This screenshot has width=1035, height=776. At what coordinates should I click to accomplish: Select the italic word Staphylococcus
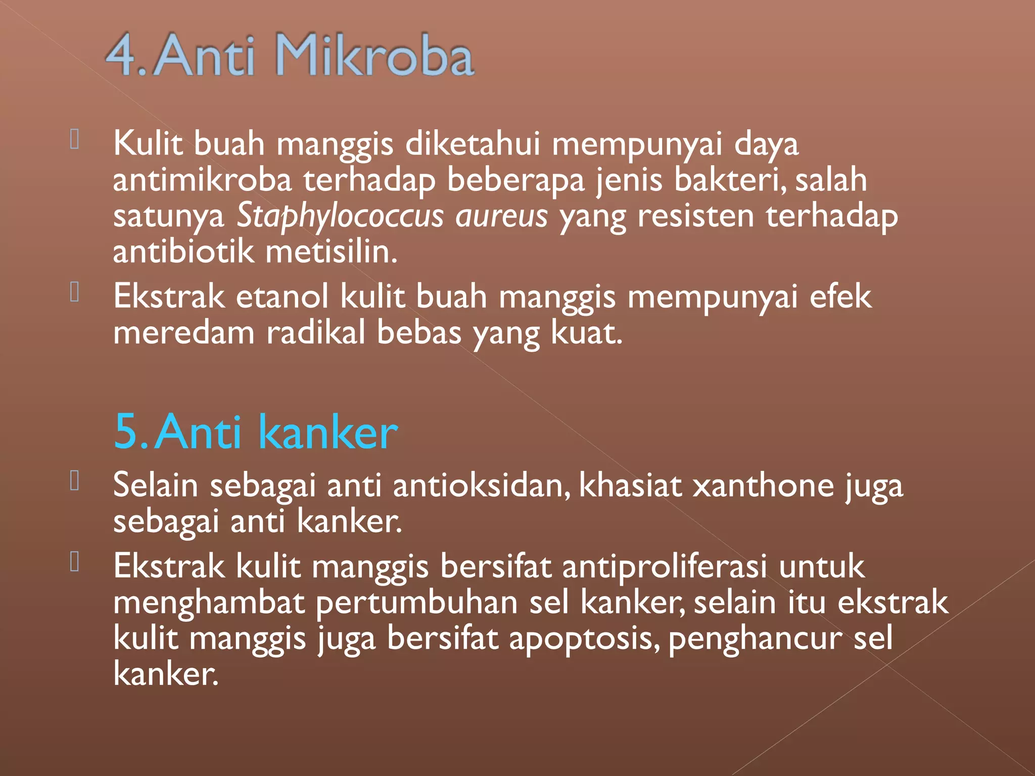tap(340, 216)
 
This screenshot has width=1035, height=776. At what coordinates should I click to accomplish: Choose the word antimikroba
tap(202, 180)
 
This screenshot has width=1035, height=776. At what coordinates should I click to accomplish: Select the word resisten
tap(695, 216)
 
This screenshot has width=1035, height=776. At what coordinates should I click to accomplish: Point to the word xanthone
tap(763, 486)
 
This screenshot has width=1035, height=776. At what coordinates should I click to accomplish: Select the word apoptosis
tap(583, 639)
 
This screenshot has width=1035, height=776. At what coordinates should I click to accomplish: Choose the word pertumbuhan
tap(416, 603)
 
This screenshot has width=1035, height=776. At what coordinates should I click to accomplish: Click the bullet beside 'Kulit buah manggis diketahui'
tap(75, 139)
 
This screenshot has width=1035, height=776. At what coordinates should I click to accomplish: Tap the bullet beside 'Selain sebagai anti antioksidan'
tap(75, 480)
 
